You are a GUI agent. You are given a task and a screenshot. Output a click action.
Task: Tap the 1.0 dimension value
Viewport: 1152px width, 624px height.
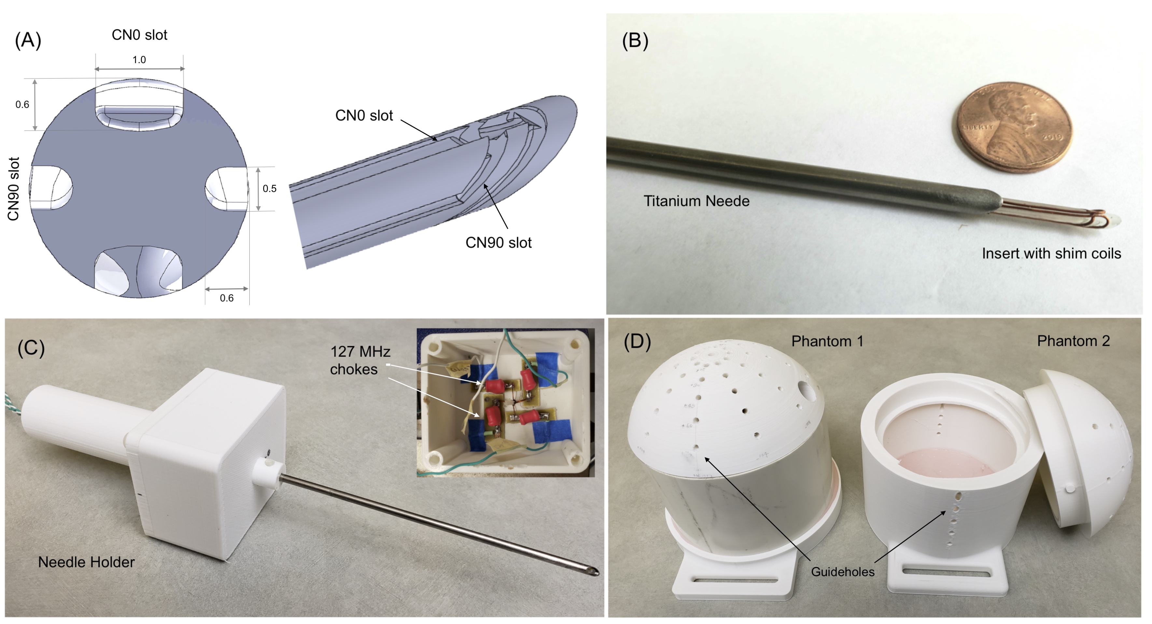[x=139, y=60]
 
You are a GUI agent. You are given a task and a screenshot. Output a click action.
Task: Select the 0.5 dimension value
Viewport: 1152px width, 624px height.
[x=269, y=189]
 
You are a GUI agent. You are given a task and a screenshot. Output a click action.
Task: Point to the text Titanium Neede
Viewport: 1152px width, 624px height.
[x=696, y=201]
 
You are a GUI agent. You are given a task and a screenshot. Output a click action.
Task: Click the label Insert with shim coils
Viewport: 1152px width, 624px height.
[x=1051, y=253]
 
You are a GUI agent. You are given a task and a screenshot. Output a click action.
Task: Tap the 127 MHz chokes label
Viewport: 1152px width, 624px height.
[x=360, y=360]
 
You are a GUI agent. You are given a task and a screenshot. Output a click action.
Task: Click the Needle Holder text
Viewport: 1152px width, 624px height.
[x=86, y=562]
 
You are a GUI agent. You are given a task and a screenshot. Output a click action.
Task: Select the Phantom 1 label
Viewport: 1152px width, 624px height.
[x=827, y=341]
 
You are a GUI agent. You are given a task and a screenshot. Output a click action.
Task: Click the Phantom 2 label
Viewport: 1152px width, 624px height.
[x=1073, y=341]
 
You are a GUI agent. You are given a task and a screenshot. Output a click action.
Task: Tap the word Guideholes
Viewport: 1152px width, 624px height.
[x=843, y=572]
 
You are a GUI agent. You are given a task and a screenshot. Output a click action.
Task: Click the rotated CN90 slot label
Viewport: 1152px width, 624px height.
[x=13, y=189]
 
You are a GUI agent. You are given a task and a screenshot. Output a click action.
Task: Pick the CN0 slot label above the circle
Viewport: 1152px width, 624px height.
[x=139, y=35]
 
